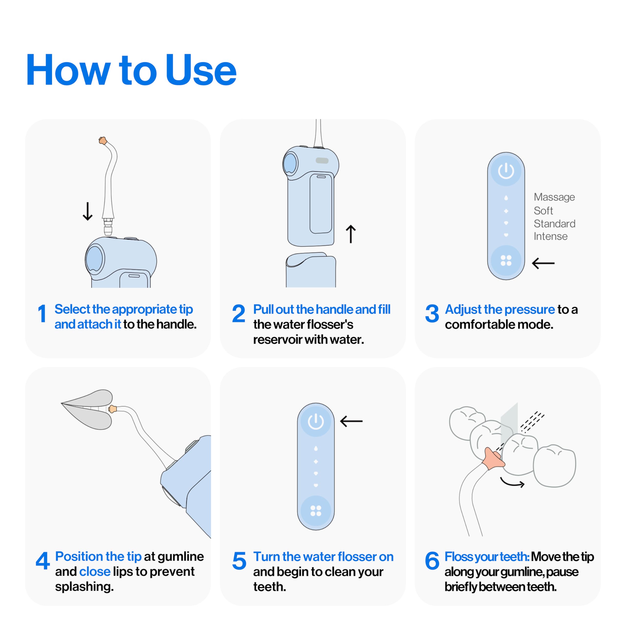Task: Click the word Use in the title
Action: pyautogui.click(x=201, y=70)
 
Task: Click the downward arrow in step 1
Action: pyautogui.click(x=88, y=211)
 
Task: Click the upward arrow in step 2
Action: pyautogui.click(x=351, y=234)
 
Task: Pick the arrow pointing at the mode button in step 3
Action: pyautogui.click(x=543, y=263)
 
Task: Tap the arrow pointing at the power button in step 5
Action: pyautogui.click(x=351, y=421)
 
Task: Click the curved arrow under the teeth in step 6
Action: pyautogui.click(x=512, y=483)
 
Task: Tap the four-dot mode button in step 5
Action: pyautogui.click(x=316, y=511)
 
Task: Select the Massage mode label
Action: pyautogui.click(x=554, y=197)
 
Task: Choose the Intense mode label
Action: pyautogui.click(x=550, y=236)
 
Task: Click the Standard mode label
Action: pyautogui.click(x=554, y=224)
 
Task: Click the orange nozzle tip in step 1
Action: pyautogui.click(x=103, y=141)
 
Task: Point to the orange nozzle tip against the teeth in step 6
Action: pyautogui.click(x=493, y=458)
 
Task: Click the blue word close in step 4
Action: pyautogui.click(x=95, y=571)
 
